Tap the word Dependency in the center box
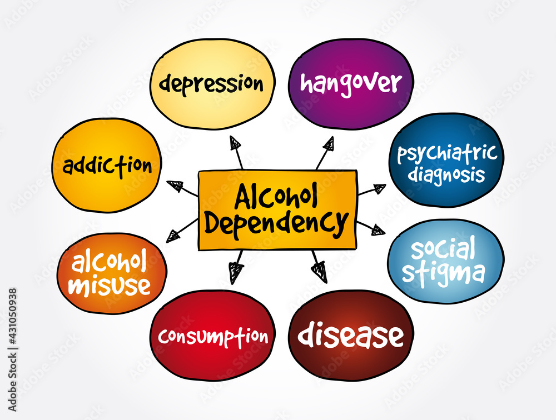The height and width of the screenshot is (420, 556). (276, 223)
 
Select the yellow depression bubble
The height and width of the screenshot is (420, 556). (212, 84)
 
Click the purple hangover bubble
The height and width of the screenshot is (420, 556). (351, 84)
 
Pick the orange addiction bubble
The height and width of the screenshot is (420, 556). (107, 165)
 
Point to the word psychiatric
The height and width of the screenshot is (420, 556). (447, 153)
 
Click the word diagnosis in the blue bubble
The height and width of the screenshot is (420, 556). (446, 174)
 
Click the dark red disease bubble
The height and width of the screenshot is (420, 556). (351, 336)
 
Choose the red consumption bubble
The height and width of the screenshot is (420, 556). (212, 336)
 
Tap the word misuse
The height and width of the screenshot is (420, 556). (110, 286)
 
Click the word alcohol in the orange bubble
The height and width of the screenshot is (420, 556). (109, 262)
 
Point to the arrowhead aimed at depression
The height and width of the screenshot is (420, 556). (235, 142)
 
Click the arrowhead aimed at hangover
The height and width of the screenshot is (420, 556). (329, 143)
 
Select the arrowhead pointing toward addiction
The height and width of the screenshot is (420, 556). (175, 186)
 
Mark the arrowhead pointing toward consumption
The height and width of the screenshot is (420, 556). (235, 272)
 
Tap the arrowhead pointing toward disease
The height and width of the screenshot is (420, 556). (320, 271)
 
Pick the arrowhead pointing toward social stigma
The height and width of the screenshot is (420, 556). (378, 229)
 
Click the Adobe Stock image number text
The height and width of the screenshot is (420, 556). (12, 349)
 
